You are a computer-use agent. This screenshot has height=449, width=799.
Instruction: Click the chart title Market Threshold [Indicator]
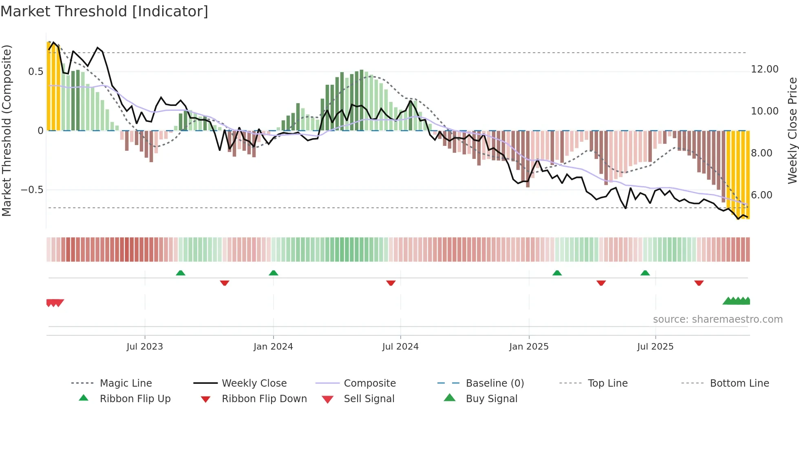104,11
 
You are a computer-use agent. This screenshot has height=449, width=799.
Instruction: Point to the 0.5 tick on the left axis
35,72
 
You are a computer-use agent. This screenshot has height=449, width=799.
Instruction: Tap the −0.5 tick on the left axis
32,190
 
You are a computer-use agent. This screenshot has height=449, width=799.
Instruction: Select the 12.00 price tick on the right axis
764,69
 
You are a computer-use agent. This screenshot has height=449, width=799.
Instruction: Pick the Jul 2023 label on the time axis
145,347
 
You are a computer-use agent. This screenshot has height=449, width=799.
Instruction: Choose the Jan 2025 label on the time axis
529,347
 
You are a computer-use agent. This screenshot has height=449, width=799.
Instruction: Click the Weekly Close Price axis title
792,130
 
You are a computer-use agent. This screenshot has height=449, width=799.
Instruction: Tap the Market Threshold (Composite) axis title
7,130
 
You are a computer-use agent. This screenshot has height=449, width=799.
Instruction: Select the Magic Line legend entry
126,383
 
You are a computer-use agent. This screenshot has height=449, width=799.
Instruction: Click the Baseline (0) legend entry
494,383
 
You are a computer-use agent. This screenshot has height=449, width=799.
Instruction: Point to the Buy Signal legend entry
491,399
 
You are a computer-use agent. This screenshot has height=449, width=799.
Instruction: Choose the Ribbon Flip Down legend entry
264,399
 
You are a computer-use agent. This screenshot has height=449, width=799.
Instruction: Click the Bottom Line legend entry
739,383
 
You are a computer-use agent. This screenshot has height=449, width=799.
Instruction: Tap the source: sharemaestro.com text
717,319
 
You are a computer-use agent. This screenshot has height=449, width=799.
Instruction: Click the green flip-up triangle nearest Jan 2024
274,273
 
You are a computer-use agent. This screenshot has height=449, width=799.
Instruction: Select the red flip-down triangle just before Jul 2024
391,283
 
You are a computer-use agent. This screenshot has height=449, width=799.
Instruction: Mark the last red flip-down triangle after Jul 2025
699,283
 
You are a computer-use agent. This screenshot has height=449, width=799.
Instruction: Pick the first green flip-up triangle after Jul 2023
181,273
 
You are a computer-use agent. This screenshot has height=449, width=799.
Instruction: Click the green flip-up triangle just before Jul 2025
645,273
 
